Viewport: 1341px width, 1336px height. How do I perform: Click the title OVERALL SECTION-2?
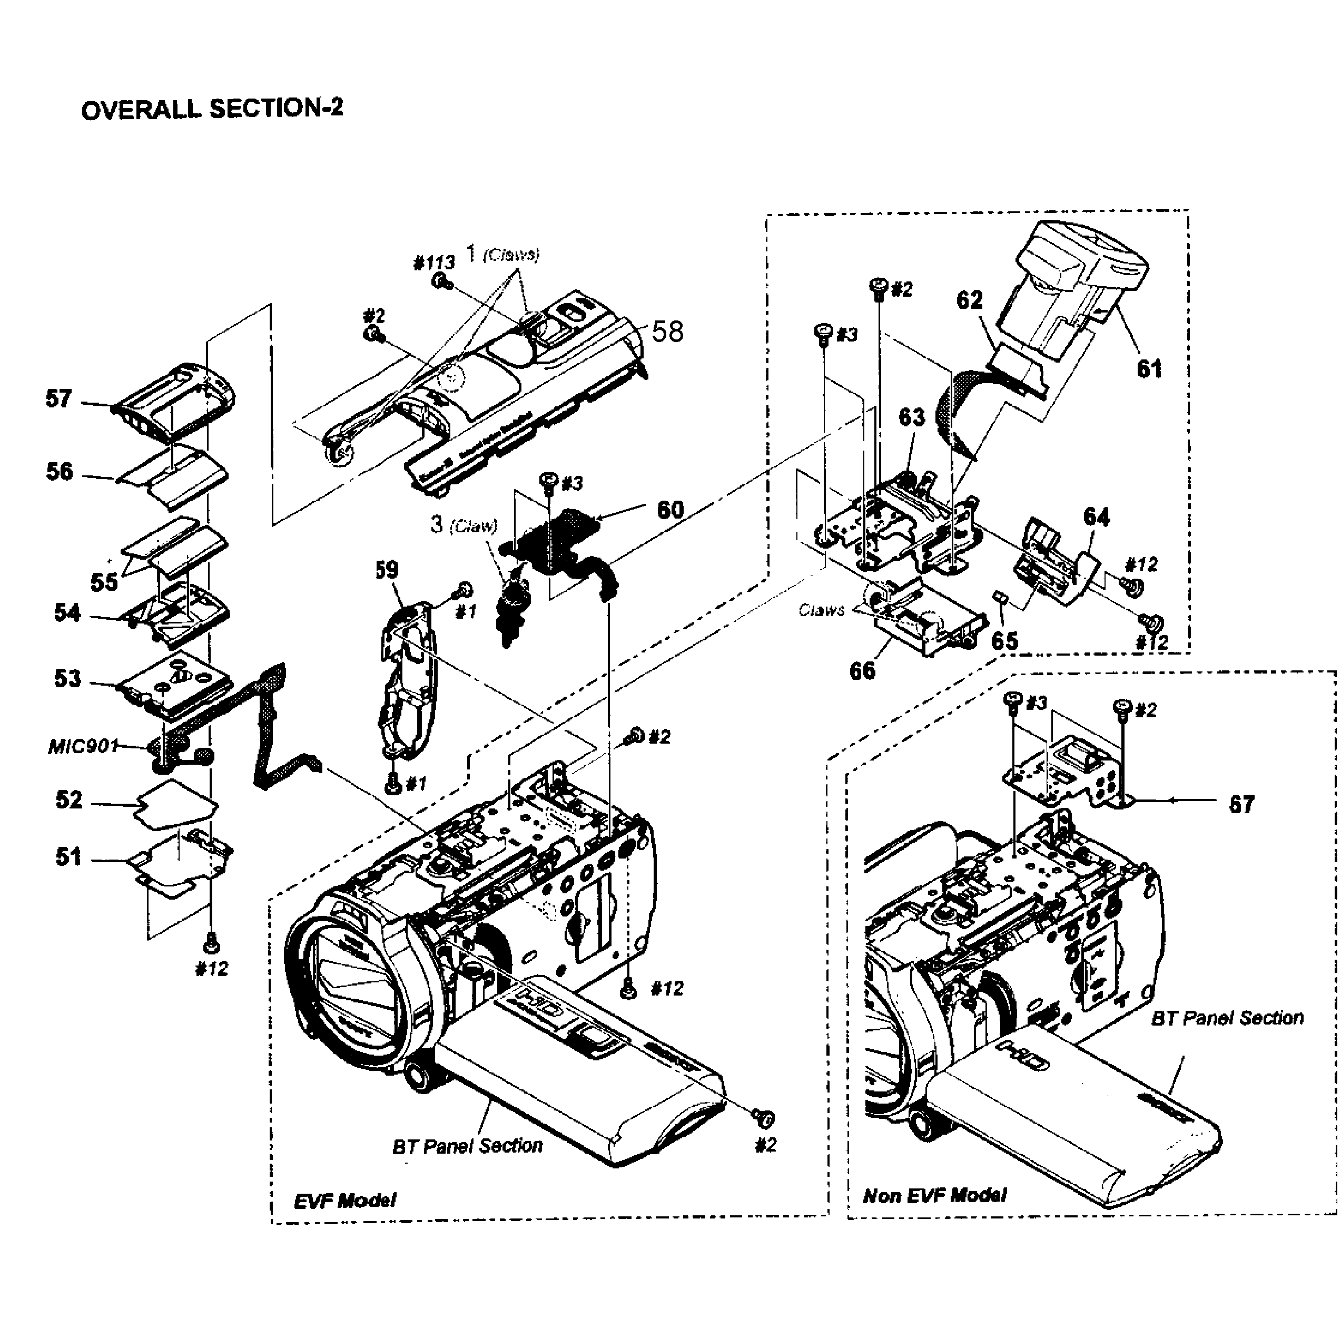212,109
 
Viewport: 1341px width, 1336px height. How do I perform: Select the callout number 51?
68,857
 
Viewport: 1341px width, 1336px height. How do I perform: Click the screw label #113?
434,262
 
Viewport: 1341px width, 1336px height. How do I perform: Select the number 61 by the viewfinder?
1149,369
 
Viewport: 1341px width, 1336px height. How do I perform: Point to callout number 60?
670,510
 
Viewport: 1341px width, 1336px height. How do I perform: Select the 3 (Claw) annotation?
463,524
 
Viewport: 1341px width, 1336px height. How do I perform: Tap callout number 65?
1004,640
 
